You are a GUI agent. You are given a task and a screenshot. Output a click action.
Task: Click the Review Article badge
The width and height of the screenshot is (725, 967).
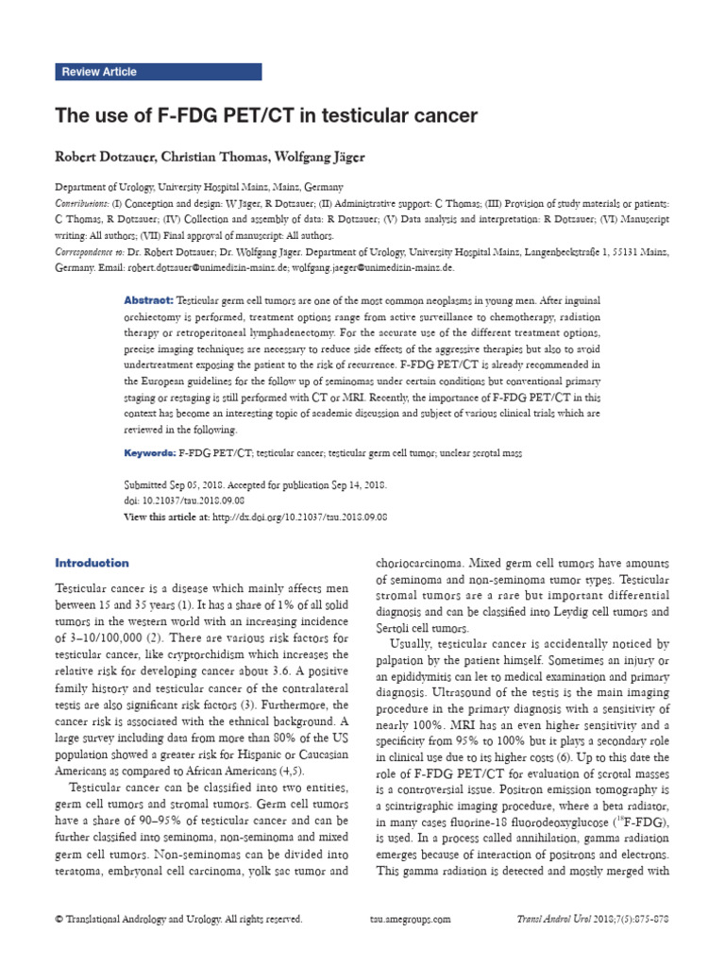[x=98, y=72]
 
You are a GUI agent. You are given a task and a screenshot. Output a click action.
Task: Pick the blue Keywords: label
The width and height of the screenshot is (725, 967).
[x=150, y=453]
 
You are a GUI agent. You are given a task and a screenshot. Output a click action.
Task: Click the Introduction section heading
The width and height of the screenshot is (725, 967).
[x=93, y=563]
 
